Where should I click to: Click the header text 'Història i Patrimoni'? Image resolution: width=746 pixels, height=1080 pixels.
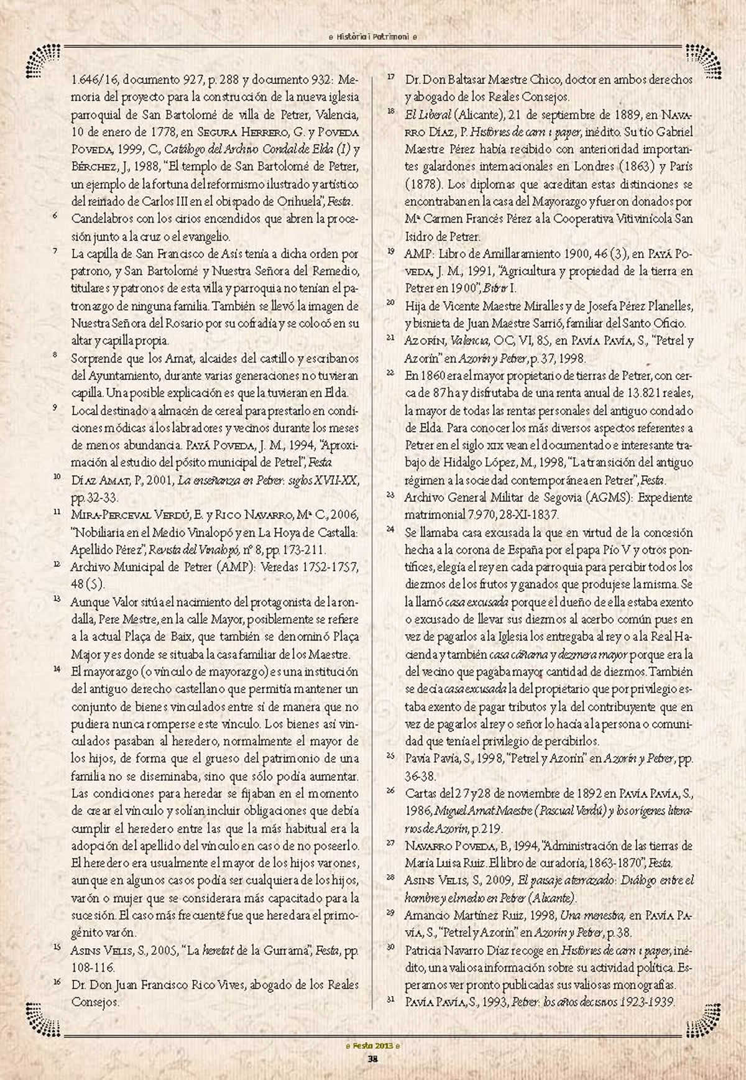(372, 37)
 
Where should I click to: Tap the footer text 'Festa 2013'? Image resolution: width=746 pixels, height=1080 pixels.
(372, 1045)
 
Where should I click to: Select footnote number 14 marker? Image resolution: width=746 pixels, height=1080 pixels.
(57, 669)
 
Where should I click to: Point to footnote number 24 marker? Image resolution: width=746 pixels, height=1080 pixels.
(390, 529)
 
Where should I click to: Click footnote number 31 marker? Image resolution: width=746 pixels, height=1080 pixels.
(390, 999)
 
